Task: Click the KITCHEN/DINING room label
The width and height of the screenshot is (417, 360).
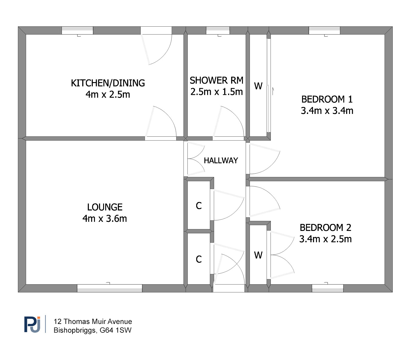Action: (x=108, y=83)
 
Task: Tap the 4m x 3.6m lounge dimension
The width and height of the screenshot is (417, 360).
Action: (x=105, y=218)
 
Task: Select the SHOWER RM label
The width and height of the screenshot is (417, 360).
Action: (x=217, y=80)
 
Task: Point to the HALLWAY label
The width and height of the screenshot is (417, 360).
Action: (x=221, y=160)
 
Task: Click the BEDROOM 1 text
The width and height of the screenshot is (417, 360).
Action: (x=327, y=99)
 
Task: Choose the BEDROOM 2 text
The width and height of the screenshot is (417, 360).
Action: (x=325, y=228)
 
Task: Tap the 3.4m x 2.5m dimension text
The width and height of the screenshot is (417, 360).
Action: (x=325, y=239)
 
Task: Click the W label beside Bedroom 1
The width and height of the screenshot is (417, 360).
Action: (x=258, y=86)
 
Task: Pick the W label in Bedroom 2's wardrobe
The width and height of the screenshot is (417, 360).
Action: (x=258, y=255)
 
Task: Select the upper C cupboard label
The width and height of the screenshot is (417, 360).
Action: (x=199, y=206)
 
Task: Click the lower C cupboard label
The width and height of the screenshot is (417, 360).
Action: (x=199, y=259)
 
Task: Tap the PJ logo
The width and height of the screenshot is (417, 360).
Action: (x=32, y=325)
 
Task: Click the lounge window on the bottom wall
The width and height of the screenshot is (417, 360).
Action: (x=109, y=288)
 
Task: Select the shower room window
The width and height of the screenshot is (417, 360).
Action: (x=218, y=30)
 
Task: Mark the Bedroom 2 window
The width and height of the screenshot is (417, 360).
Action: (x=328, y=288)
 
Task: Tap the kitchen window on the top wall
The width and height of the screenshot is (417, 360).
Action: (x=77, y=30)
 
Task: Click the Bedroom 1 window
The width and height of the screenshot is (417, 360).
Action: (x=325, y=30)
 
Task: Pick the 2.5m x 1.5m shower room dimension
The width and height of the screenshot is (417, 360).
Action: (x=217, y=92)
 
